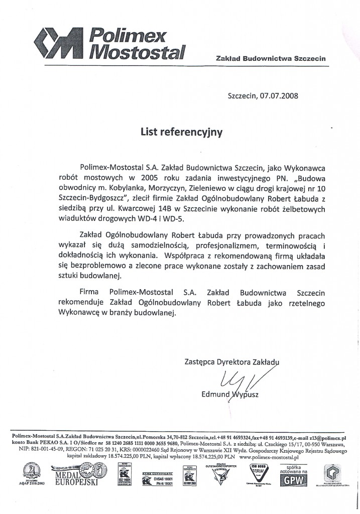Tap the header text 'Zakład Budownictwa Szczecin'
pyautogui.click(x=271, y=58)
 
